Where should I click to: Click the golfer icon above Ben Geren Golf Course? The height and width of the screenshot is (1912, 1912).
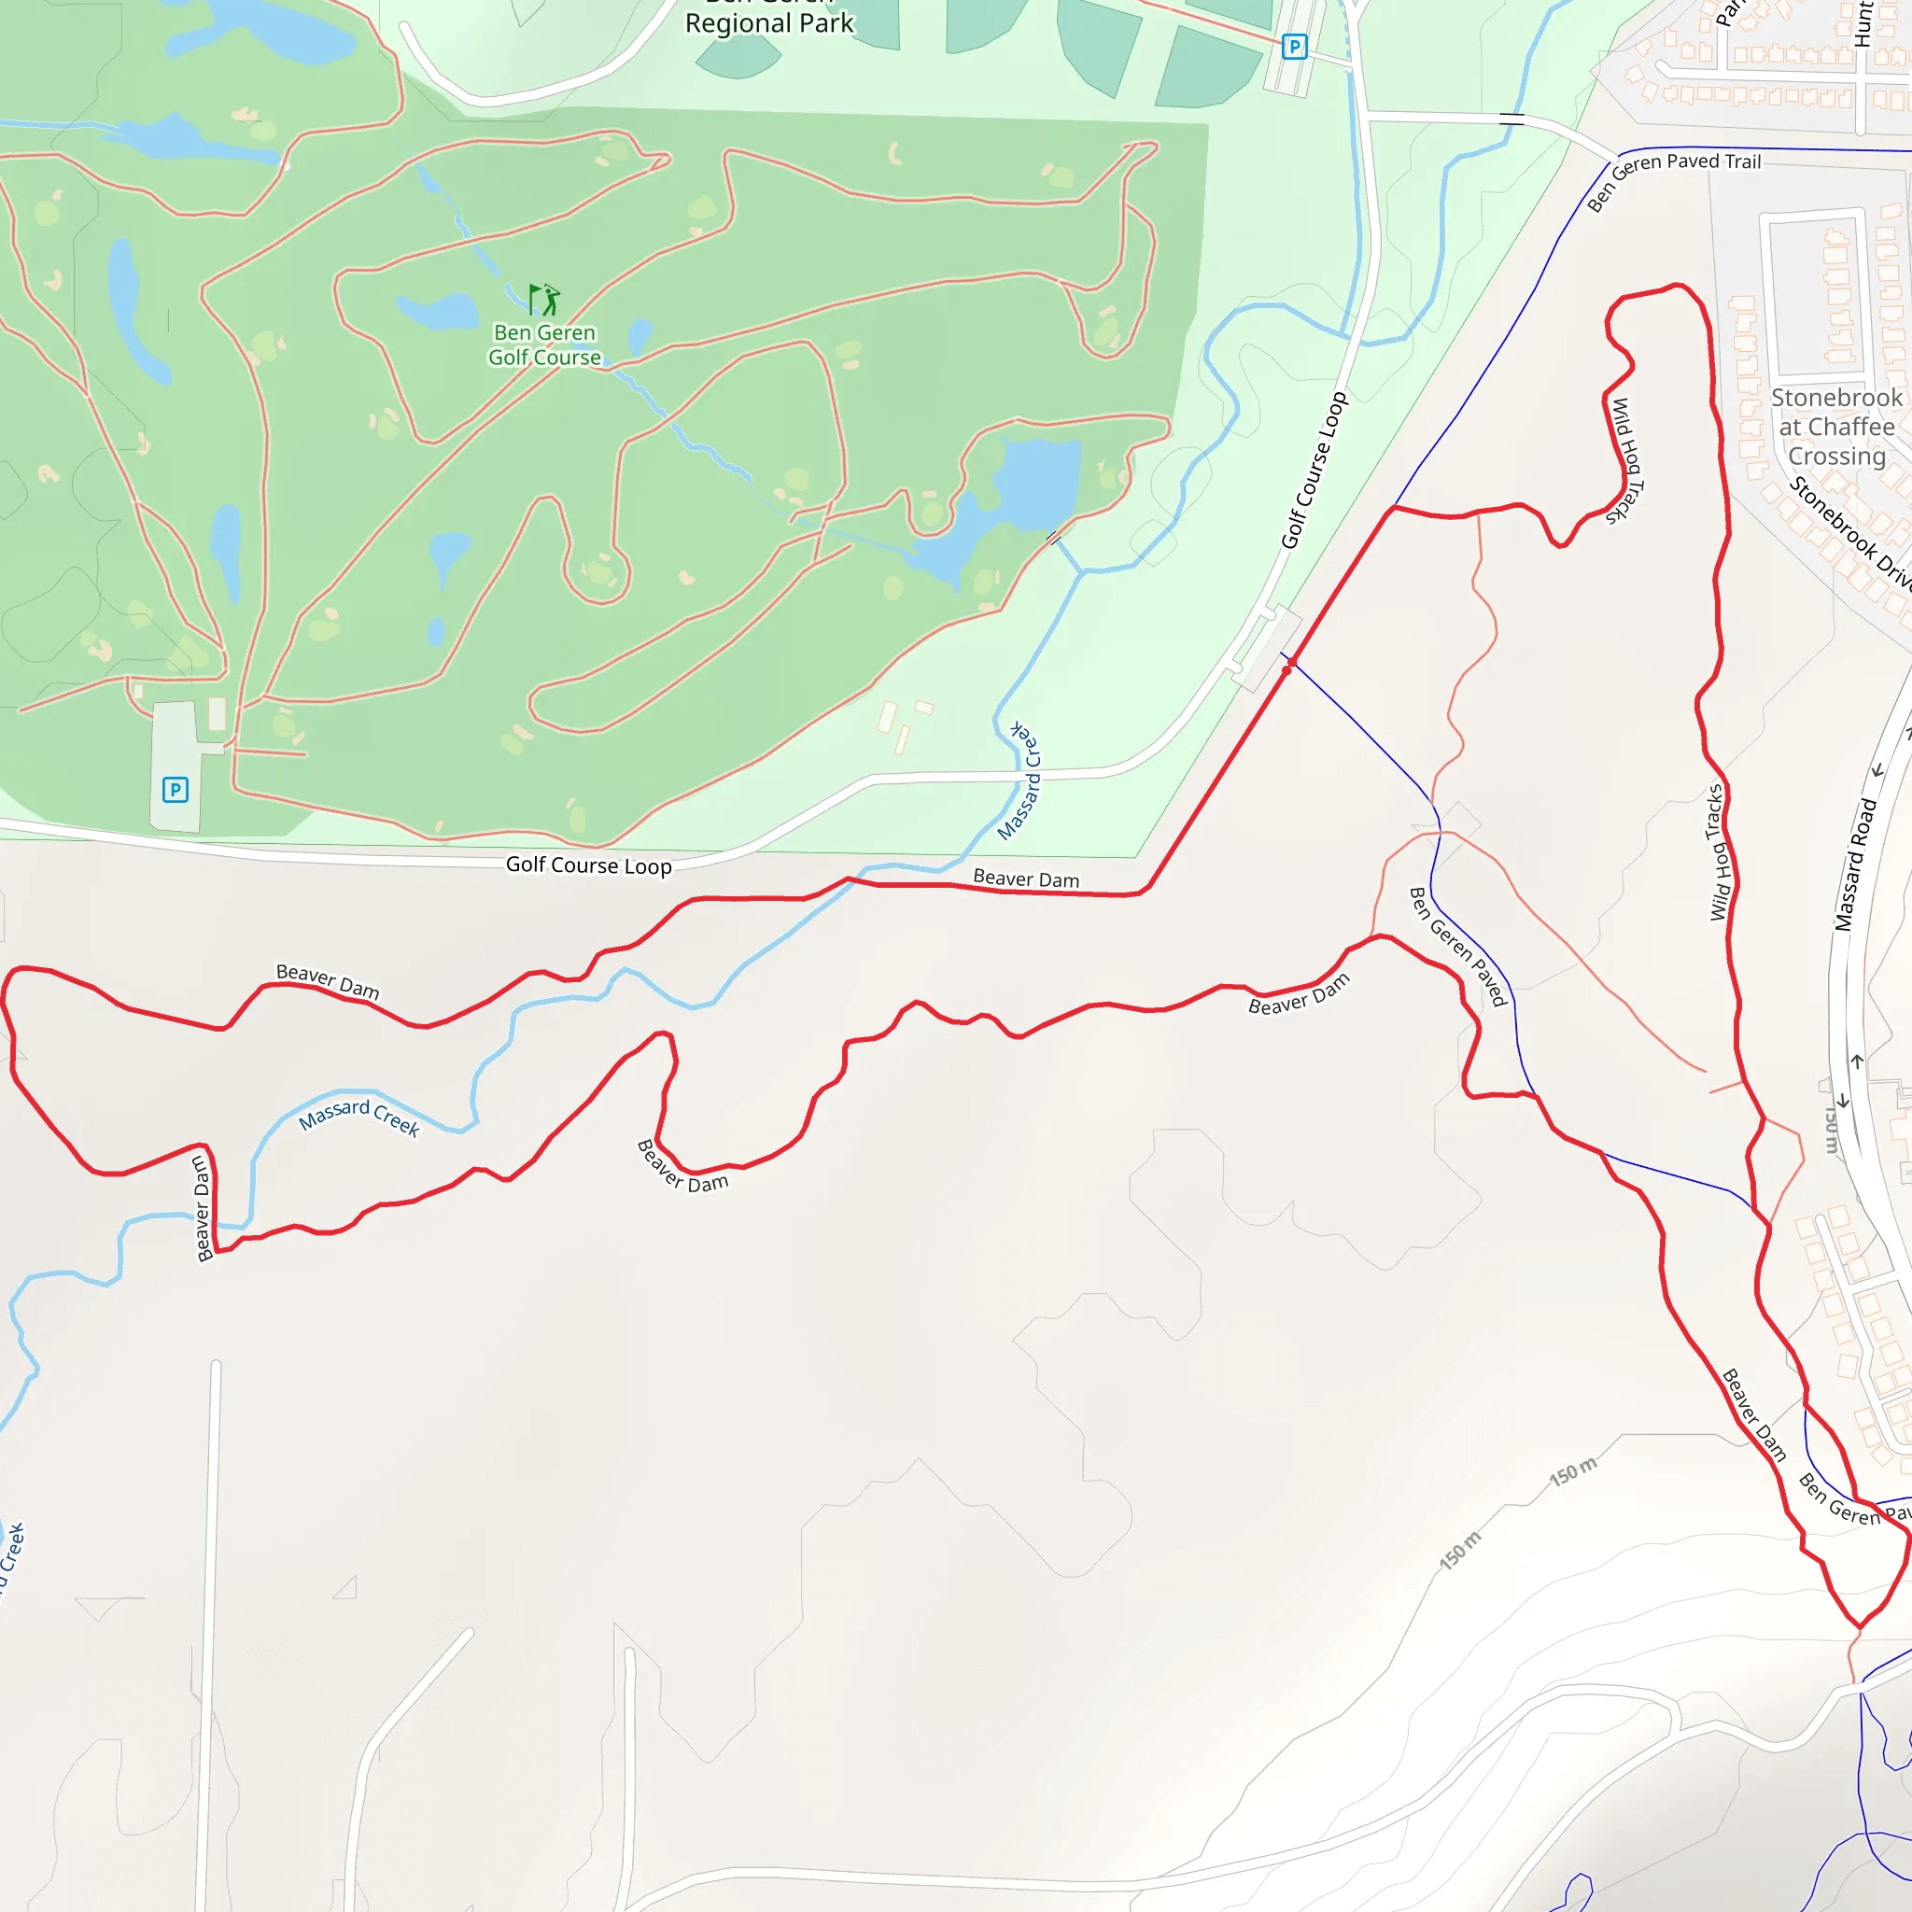[544, 300]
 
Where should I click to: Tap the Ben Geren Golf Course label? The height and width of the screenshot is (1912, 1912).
[544, 345]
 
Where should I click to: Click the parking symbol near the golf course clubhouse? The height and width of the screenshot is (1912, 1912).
[176, 790]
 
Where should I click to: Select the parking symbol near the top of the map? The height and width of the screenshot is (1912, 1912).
[1293, 47]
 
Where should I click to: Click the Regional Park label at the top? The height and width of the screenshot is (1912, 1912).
[769, 21]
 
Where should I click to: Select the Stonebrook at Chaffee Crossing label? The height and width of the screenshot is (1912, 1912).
[1836, 427]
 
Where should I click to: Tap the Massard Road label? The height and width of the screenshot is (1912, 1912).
[1856, 864]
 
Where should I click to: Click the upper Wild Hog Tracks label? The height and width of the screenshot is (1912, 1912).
[1624, 460]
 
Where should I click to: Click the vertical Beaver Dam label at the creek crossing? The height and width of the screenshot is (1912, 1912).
[203, 1209]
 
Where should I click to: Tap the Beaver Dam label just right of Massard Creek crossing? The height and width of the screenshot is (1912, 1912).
[1026, 878]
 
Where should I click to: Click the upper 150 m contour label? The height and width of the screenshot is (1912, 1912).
[1572, 1471]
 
